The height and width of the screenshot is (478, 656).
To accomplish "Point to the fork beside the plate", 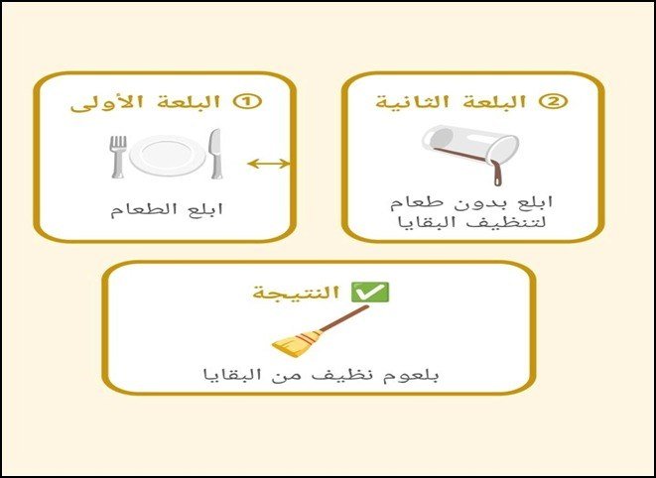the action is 117,157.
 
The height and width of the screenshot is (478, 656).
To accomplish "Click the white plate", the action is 168,156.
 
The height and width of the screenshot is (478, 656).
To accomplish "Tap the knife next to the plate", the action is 215,154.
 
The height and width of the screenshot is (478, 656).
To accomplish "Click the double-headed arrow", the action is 269,164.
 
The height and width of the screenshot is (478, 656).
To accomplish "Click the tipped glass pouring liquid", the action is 471,147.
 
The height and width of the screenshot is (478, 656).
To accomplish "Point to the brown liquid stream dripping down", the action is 496,173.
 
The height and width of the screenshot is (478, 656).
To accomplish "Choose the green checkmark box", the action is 370,292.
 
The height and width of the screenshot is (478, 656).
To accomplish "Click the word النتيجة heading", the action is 296,293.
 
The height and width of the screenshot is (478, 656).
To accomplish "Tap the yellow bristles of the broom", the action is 296,344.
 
